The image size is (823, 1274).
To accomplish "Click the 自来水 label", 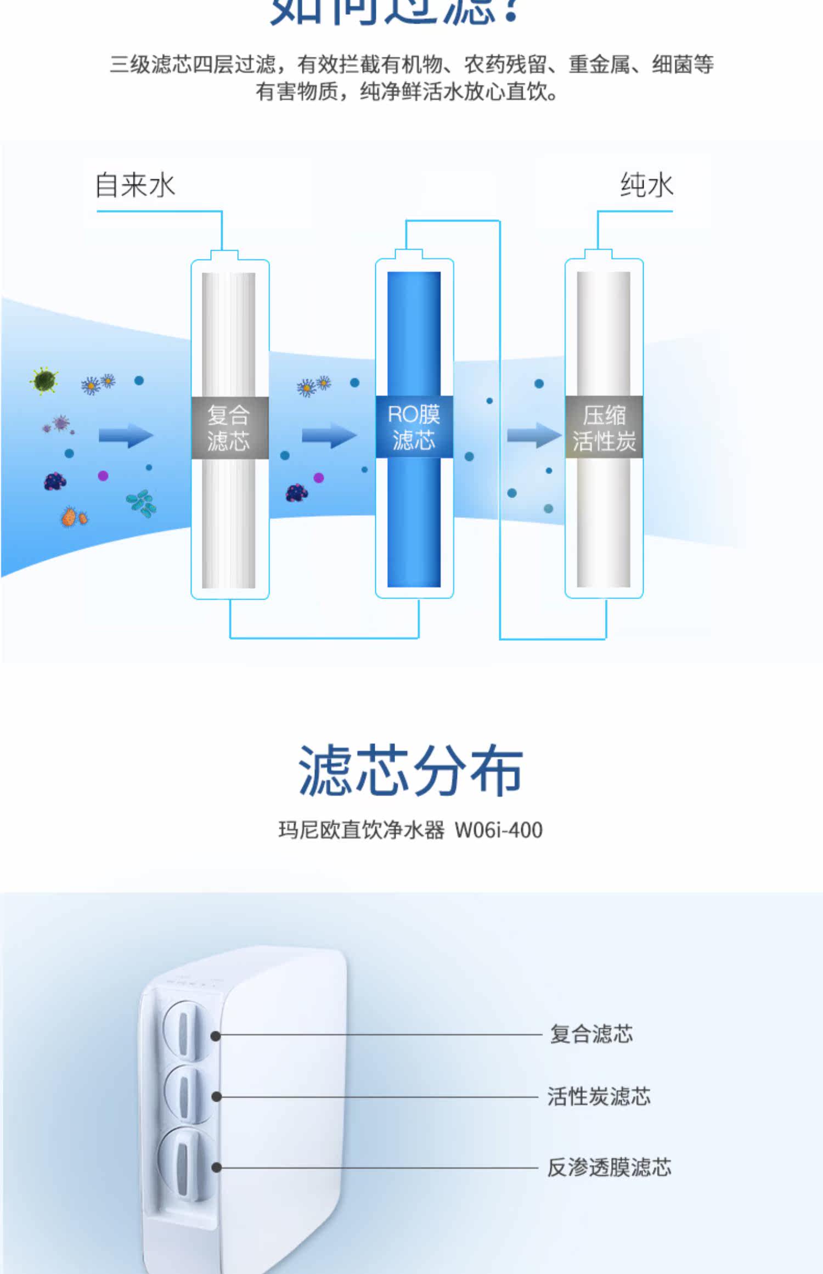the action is pos(135,185).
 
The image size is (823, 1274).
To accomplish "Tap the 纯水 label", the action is pos(646,185).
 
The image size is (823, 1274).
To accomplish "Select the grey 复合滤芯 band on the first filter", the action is pos(229,427).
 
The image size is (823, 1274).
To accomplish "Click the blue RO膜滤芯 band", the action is pos(414,427).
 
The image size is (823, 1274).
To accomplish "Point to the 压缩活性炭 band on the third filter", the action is pos(604,427).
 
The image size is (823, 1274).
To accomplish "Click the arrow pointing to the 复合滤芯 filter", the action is pos(126,436).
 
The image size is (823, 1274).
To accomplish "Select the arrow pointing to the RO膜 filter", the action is pos(329,436).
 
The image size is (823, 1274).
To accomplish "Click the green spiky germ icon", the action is pos(44,380).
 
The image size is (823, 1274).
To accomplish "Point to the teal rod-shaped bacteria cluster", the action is pos(142,503).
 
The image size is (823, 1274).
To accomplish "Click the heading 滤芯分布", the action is pos(410,770).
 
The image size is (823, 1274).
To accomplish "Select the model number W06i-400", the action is pos(498,830).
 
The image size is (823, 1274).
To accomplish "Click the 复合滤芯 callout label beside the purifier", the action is pos(591,1034).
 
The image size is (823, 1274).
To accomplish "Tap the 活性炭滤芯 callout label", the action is pos(599,1096).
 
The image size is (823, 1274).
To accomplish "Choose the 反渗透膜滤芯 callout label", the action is pos(609,1167).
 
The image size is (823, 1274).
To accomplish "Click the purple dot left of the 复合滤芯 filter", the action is pos(103,476).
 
